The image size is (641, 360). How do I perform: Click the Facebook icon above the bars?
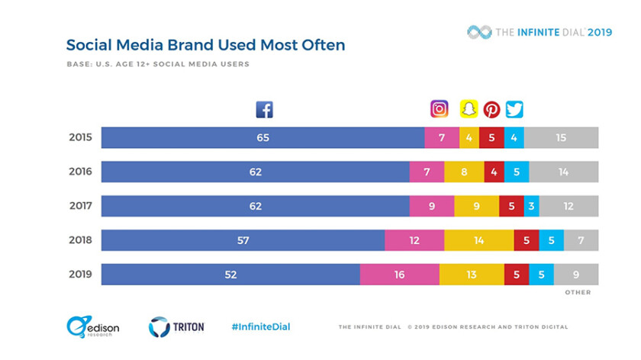pyautogui.click(x=264, y=109)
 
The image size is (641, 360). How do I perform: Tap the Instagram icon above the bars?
pyautogui.click(x=439, y=109)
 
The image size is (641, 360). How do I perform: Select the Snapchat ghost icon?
pyautogui.click(x=469, y=109)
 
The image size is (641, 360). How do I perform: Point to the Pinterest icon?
pyautogui.click(x=491, y=109)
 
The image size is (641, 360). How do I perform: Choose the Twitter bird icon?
pyautogui.click(x=514, y=109)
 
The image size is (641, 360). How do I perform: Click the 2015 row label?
pyautogui.click(x=79, y=138)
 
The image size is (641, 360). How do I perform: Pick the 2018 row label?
pyautogui.click(x=79, y=240)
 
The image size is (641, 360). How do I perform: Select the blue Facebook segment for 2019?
pyautogui.click(x=230, y=275)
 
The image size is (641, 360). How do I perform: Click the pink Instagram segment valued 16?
pyautogui.click(x=399, y=275)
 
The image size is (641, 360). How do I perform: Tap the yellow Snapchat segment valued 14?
pyautogui.click(x=478, y=240)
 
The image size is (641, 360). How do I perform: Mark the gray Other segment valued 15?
pyautogui.click(x=561, y=138)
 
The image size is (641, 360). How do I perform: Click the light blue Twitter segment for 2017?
pyautogui.click(x=530, y=206)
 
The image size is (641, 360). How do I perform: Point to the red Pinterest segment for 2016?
pyautogui.click(x=494, y=172)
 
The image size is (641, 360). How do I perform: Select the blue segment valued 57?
pyautogui.click(x=243, y=240)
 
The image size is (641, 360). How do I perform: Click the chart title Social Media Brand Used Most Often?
pyautogui.click(x=205, y=45)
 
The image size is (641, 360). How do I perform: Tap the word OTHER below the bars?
pyautogui.click(x=578, y=292)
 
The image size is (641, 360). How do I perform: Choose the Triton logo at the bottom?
pyautogui.click(x=176, y=327)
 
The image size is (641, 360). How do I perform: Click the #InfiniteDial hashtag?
pyautogui.click(x=260, y=327)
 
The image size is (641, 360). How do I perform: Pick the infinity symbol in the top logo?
pyautogui.click(x=479, y=32)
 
